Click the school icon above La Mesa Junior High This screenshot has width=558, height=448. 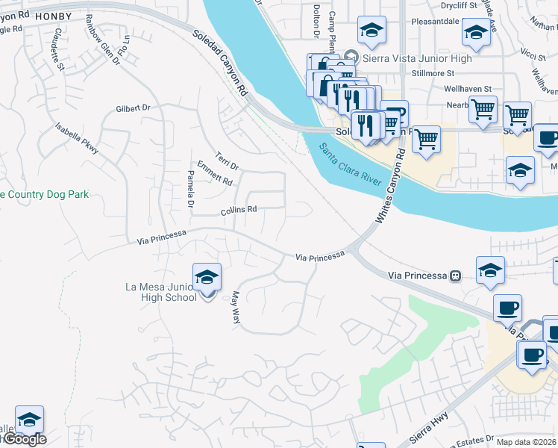point(207,277)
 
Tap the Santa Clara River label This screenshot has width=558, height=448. point(349,165)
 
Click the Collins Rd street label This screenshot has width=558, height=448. point(239,211)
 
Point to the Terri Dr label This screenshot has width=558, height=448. point(226,161)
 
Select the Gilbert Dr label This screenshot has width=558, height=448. point(133,108)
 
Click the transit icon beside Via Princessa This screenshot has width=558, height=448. point(454,276)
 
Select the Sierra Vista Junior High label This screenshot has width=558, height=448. point(417,58)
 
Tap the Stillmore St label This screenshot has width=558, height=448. point(433,74)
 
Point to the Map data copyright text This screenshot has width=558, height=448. point(526,441)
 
